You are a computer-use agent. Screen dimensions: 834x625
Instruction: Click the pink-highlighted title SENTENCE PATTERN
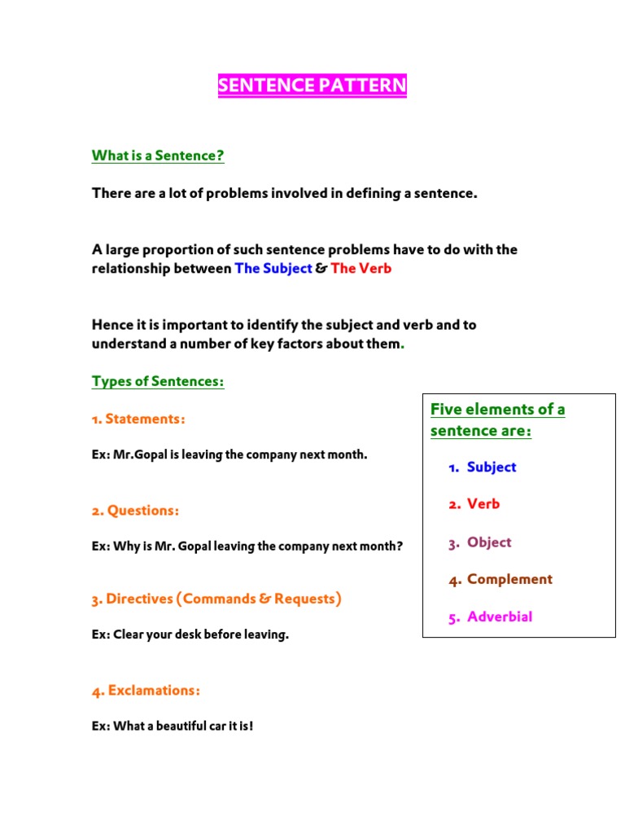pos(312,86)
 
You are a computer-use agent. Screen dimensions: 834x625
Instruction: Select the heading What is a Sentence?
pos(158,156)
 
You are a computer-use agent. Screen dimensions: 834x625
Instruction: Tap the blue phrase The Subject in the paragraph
pos(273,268)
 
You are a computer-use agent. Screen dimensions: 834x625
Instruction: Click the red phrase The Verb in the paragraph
pos(361,268)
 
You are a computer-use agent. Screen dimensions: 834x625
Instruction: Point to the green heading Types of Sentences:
pos(158,381)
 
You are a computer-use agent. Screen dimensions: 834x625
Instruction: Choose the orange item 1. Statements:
pos(138,419)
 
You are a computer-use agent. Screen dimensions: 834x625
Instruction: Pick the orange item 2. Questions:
pos(135,511)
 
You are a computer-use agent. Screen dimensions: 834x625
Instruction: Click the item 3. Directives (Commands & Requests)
pos(216,599)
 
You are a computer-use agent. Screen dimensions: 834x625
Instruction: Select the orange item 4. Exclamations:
pos(146,691)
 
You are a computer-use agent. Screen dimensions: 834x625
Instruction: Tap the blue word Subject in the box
pos(492,467)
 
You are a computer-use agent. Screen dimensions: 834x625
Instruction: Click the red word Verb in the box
pos(483,504)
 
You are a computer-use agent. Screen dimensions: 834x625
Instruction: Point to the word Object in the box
pos(489,542)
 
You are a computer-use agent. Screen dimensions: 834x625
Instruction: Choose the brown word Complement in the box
pos(509,579)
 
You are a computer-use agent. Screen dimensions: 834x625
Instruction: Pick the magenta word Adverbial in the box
pos(500,617)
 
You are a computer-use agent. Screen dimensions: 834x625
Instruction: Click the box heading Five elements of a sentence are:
pos(498,419)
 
